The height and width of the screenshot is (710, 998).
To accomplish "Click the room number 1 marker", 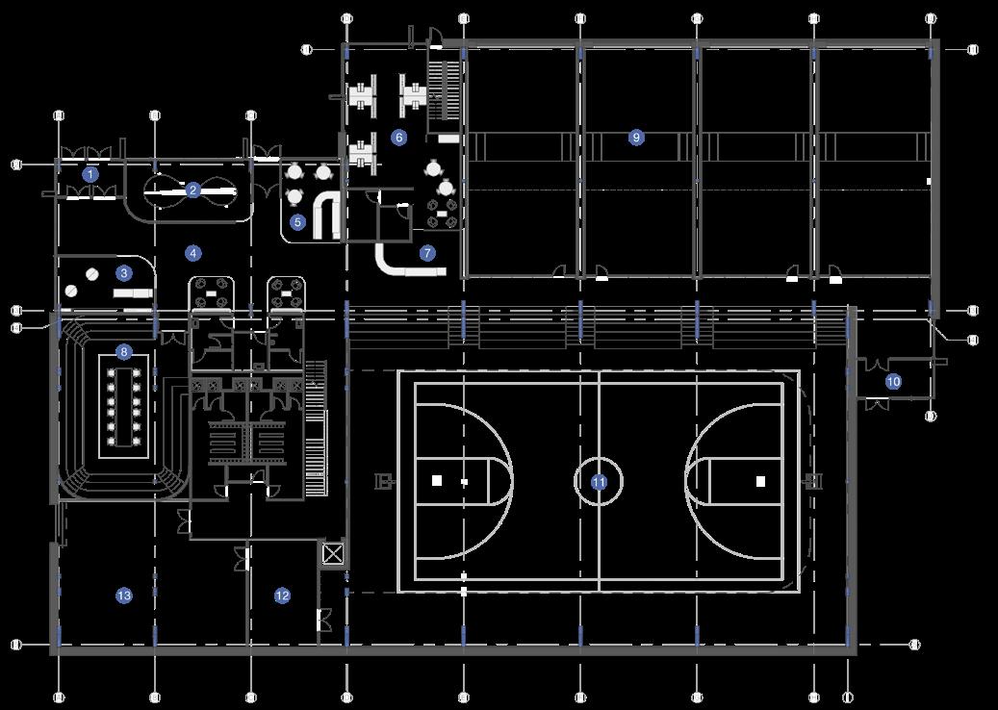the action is pos(90,174).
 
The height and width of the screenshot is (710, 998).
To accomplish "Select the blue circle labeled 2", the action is pos(192,190).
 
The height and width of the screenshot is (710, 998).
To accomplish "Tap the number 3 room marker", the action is pos(124,272).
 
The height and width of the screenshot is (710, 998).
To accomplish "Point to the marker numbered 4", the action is pos(194,254).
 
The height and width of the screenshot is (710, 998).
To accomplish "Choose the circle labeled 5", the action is pos(297,222).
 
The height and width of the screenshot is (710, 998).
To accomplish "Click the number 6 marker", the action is pos(398,138).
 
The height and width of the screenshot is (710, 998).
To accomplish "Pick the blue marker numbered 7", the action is pos(427,254).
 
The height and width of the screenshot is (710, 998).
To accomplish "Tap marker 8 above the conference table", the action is pos(124,351).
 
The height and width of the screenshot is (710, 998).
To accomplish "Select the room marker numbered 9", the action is pos(635,138).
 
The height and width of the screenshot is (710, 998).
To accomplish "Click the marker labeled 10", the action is pos(893,382).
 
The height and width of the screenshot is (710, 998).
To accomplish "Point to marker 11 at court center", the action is pos(599,482).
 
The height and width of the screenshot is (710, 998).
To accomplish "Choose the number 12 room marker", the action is pos(282,596).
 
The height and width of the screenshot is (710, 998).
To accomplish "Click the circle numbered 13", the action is pos(124,596).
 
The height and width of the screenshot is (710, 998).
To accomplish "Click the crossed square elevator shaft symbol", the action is pos(333,553).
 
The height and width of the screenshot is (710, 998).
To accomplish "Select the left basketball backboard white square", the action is pos(437,480).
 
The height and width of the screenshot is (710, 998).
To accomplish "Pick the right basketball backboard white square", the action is pos(760,480).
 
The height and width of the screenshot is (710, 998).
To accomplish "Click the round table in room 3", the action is pos(91,274).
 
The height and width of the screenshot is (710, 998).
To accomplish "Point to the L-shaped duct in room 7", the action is pos(399,263).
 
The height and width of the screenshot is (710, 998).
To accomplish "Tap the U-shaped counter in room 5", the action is pos(326,217).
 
